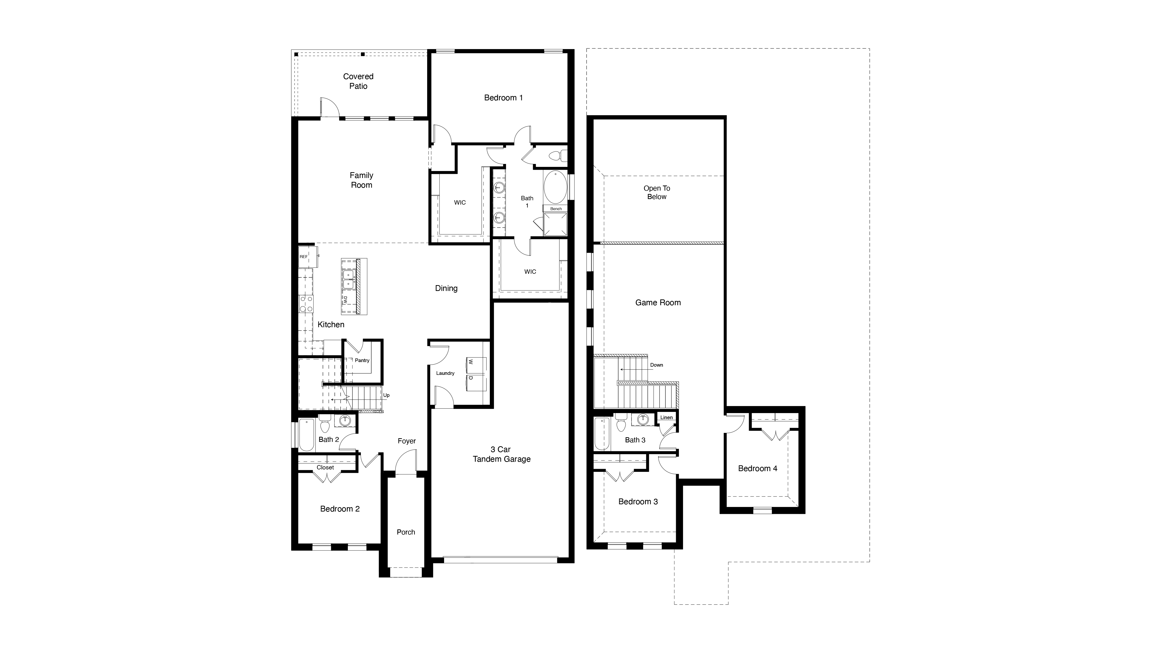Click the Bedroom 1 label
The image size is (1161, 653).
coord(503,98)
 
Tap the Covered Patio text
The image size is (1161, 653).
coord(358,81)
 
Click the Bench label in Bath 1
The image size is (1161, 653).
coord(556,209)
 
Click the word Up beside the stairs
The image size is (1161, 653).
coord(386,395)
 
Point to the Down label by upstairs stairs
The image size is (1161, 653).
coord(656,365)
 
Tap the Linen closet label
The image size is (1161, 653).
coord(666,417)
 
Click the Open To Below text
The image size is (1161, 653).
coord(657,193)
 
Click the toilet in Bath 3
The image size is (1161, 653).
coord(621,424)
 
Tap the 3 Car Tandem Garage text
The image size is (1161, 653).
coord(501,454)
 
